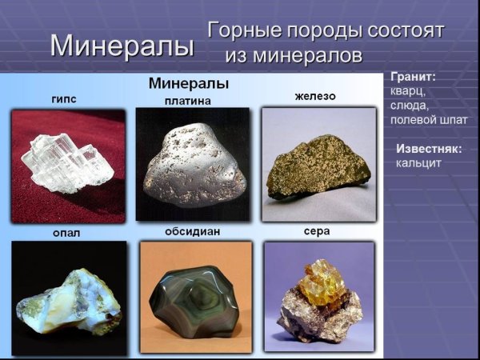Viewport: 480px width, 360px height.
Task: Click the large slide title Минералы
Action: [x=122, y=45]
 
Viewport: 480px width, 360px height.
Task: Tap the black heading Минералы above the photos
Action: [x=189, y=83]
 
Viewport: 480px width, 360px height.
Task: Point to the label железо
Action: [x=315, y=97]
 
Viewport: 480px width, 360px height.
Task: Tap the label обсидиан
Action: [x=194, y=231]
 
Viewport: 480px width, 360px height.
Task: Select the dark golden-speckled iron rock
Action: [x=318, y=166]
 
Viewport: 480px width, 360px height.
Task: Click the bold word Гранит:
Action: [x=413, y=78]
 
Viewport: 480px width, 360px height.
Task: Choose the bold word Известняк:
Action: [x=429, y=149]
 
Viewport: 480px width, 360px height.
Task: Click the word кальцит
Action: [x=418, y=163]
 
